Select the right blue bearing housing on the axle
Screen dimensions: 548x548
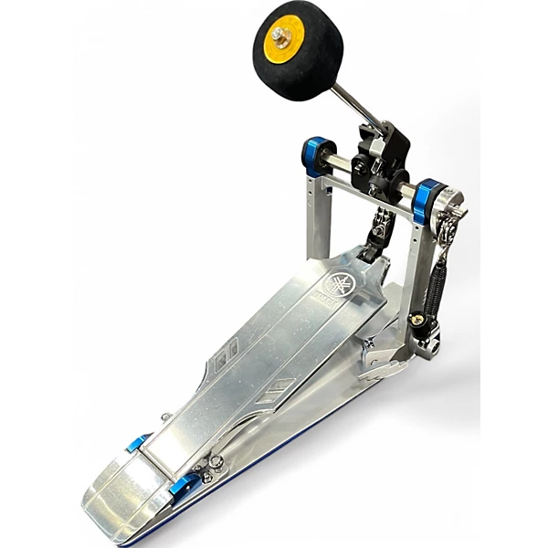click(x=425, y=203)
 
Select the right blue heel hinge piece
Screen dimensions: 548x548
click(x=182, y=485)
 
